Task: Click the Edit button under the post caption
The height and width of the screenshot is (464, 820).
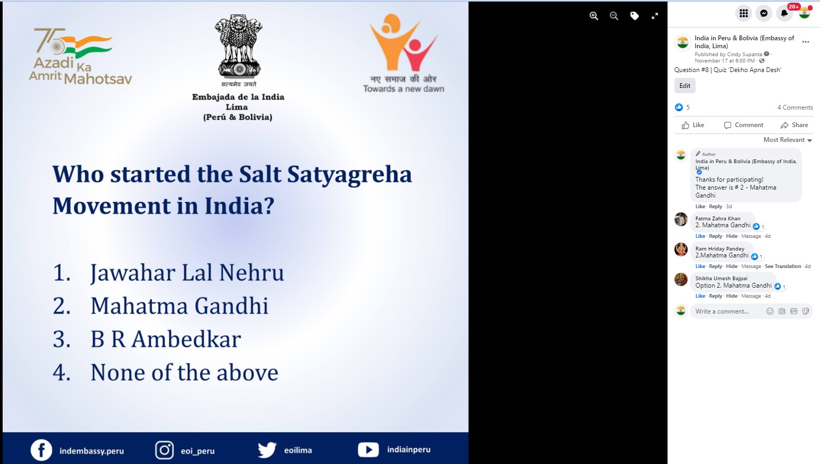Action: point(684,86)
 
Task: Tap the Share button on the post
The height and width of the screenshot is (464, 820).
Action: point(795,125)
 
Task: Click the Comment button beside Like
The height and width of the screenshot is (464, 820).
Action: point(743,125)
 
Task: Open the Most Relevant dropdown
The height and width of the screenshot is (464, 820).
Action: point(787,140)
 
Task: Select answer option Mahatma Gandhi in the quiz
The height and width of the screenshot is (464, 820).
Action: point(179,306)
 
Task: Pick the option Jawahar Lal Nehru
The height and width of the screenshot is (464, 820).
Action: point(187,273)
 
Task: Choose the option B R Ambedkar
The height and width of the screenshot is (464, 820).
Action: point(166,339)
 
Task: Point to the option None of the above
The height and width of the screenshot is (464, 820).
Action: point(184,372)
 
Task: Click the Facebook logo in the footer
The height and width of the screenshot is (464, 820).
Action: point(41,450)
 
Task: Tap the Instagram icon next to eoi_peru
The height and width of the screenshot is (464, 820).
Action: point(164,450)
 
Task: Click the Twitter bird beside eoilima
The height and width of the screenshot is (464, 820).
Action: point(267,450)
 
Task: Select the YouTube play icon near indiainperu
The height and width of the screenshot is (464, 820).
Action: point(368,450)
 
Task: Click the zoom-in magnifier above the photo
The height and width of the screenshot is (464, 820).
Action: point(594,16)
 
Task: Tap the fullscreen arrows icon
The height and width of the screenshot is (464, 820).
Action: point(655,16)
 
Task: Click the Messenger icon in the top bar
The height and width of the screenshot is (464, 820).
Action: point(764,14)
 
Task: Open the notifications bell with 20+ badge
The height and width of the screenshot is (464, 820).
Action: point(784,14)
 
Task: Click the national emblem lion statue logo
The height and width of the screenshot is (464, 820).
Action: point(238,47)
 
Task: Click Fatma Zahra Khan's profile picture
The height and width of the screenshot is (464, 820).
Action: point(681,219)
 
